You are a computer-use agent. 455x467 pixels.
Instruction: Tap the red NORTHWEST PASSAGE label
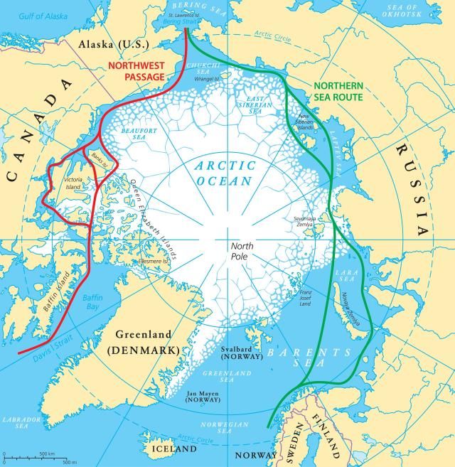coord(137,68)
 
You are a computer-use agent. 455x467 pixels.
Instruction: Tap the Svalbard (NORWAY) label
coord(244,352)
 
